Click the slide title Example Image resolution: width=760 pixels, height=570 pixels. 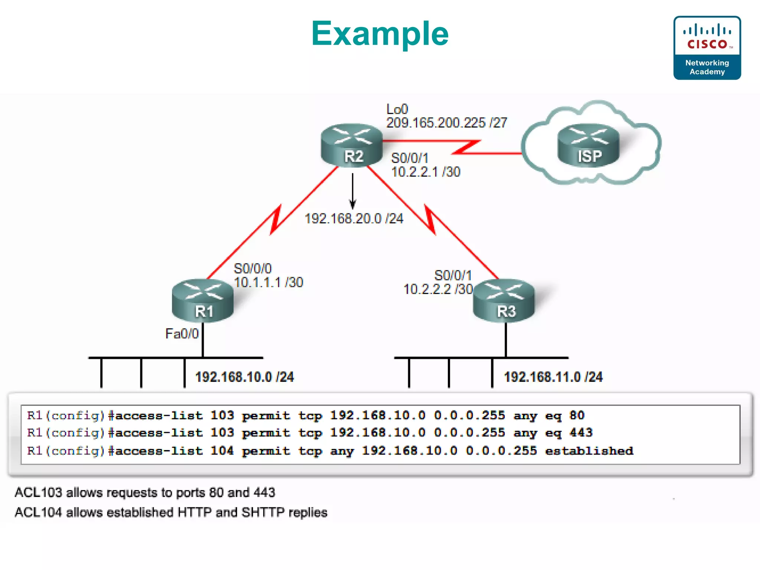(x=380, y=34)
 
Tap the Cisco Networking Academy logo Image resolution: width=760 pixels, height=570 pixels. (x=707, y=48)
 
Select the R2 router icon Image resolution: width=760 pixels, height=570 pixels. (x=352, y=145)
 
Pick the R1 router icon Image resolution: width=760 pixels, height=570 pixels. (x=203, y=301)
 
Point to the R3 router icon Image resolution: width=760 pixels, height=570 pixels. (x=504, y=301)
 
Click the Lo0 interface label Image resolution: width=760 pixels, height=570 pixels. (x=397, y=109)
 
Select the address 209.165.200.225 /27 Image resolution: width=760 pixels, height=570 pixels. (x=446, y=123)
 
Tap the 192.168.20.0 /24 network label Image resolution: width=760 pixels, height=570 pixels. (x=354, y=219)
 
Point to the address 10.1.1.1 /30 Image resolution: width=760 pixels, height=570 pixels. (x=269, y=282)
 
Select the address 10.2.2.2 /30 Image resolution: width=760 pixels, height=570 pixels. (x=438, y=289)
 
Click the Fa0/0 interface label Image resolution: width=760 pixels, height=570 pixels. (x=182, y=334)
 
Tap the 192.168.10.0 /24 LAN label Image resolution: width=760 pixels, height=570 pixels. (x=245, y=377)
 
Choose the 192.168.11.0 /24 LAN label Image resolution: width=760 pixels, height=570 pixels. (x=553, y=377)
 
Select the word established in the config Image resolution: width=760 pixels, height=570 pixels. (x=589, y=451)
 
